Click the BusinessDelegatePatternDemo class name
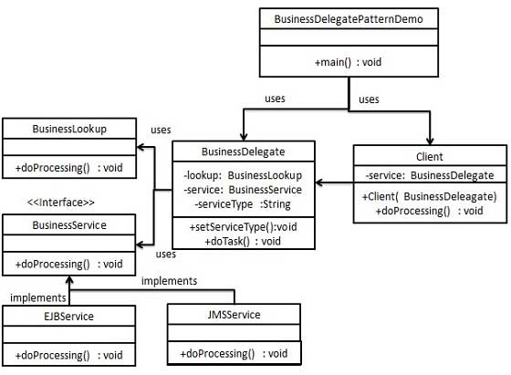pyautogui.click(x=348, y=18)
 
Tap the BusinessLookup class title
pyautogui.click(x=69, y=129)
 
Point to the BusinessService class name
pyautogui.click(x=69, y=224)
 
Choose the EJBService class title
pyautogui.click(x=70, y=316)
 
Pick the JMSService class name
pyautogui.click(x=234, y=315)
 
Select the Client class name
pyautogui.click(x=428, y=156)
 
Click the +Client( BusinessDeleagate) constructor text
pyautogui.click(x=428, y=196)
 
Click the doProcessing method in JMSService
pyautogui.click(x=234, y=353)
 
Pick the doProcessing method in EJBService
pyautogui.click(x=69, y=355)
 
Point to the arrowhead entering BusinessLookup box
pyautogui.click(x=141, y=148)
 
